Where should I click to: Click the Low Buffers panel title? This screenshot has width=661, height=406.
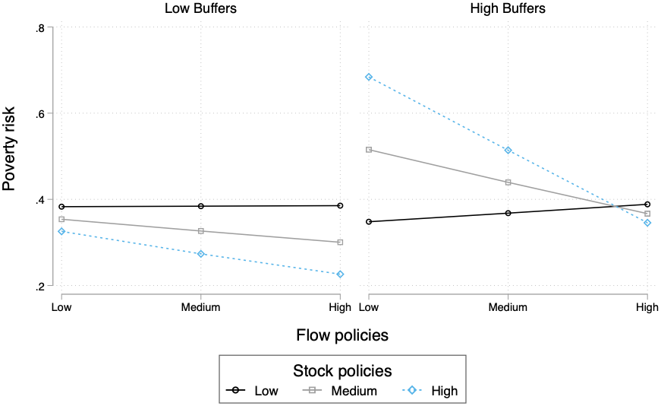pos(200,9)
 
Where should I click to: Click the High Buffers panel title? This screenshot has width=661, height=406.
pos(507,9)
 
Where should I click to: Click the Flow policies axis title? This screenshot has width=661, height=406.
pos(342,335)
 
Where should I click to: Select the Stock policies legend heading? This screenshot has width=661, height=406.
pos(342,370)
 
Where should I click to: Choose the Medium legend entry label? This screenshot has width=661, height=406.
pos(354,391)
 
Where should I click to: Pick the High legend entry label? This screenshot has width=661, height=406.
pos(444,391)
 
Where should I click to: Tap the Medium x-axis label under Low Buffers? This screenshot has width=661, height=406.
pos(200,307)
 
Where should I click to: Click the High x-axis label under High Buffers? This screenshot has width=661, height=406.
pos(647,307)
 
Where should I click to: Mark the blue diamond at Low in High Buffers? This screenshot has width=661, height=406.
pos(369,77)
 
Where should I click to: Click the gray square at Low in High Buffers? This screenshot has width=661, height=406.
pos(369,150)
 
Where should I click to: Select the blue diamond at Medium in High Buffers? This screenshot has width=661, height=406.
pos(508,151)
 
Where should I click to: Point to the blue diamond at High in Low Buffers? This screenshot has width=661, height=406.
pos(340,274)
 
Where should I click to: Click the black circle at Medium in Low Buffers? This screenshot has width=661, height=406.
pos(200,206)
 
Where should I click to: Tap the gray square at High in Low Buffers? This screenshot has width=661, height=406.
pos(340,242)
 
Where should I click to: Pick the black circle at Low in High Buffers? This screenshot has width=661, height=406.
pos(369,221)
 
